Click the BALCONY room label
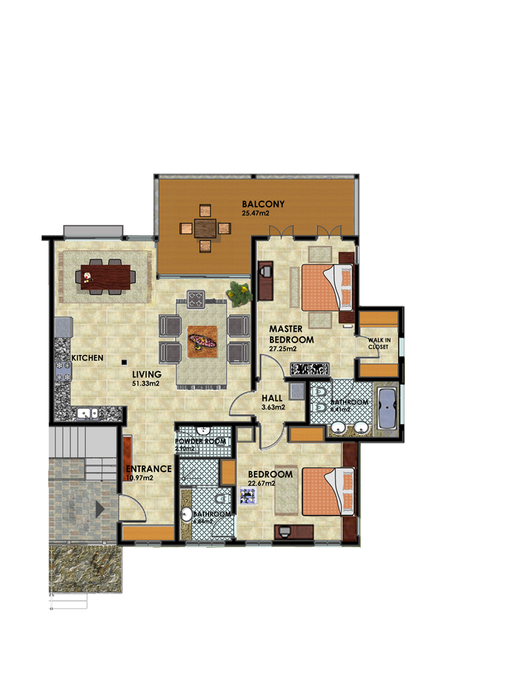pyautogui.click(x=262, y=204)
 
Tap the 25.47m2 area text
pyautogui.click(x=255, y=214)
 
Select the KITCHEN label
pyautogui.click(x=88, y=358)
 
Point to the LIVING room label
pyautogui.click(x=147, y=374)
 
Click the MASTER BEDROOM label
pyautogui.click(x=291, y=334)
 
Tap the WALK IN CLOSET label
pyautogui.click(x=378, y=343)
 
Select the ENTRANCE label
pyautogui.click(x=148, y=469)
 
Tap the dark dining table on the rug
pyautogui.click(x=105, y=276)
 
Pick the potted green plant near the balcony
pyautogui.click(x=238, y=294)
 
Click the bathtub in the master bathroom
pyautogui.click(x=387, y=409)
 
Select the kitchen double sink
pyautogui.click(x=86, y=413)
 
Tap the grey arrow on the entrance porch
pyautogui.click(x=100, y=508)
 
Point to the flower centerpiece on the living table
pyautogui.click(x=202, y=339)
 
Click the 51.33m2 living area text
pyautogui.click(x=146, y=383)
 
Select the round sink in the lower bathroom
pyautogui.click(x=185, y=514)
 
